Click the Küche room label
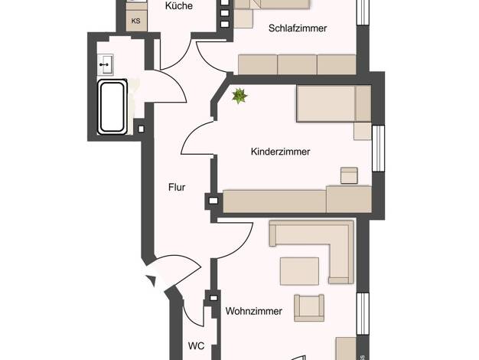pos(179,6)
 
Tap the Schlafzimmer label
pos(298,28)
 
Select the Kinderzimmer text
pos(280,152)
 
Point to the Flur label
pos(177,187)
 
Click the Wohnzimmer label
pos(254,311)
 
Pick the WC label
pos(196,346)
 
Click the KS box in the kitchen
pos(136,21)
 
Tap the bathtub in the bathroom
pos(112,107)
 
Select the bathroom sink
pos(106,64)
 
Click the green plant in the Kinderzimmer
pos(239,96)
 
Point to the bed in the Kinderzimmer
pos(334,103)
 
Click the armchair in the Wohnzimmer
pos(309,308)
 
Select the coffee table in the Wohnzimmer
pos(299,272)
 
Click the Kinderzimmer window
pos(378,148)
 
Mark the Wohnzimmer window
pos(363,313)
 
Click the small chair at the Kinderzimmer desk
pos(349,175)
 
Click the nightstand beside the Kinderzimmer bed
pos(363,131)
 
